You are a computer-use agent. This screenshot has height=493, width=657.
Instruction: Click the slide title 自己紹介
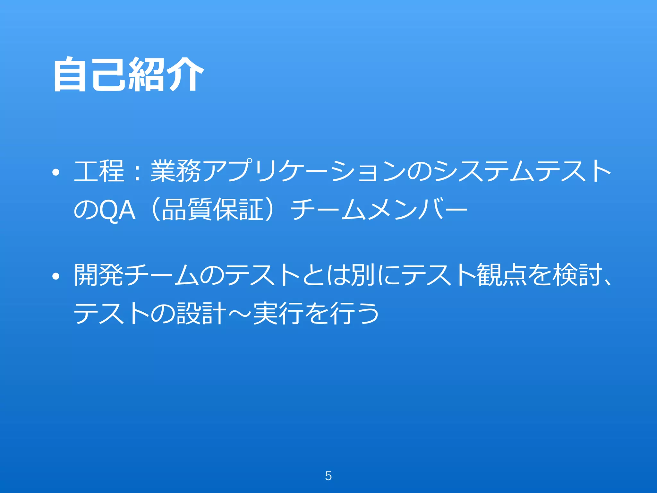tap(128, 74)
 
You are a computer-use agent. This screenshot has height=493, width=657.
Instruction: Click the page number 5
tap(328, 476)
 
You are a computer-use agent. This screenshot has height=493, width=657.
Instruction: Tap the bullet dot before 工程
tap(56, 172)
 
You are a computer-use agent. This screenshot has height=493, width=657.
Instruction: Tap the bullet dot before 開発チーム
tap(56, 276)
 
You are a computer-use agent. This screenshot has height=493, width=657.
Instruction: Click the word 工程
tap(99, 171)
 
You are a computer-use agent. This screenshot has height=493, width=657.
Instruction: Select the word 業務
tap(176, 171)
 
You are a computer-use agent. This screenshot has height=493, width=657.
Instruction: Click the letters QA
tap(117, 211)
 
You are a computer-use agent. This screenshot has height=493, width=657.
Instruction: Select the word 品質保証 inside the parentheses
tap(213, 210)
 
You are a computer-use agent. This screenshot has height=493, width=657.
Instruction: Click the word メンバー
tap(417, 210)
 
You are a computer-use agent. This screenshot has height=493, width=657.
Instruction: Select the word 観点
tap(502, 275)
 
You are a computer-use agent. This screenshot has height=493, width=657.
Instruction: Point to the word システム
tap(484, 171)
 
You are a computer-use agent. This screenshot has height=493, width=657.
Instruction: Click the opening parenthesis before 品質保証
tap(155, 210)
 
